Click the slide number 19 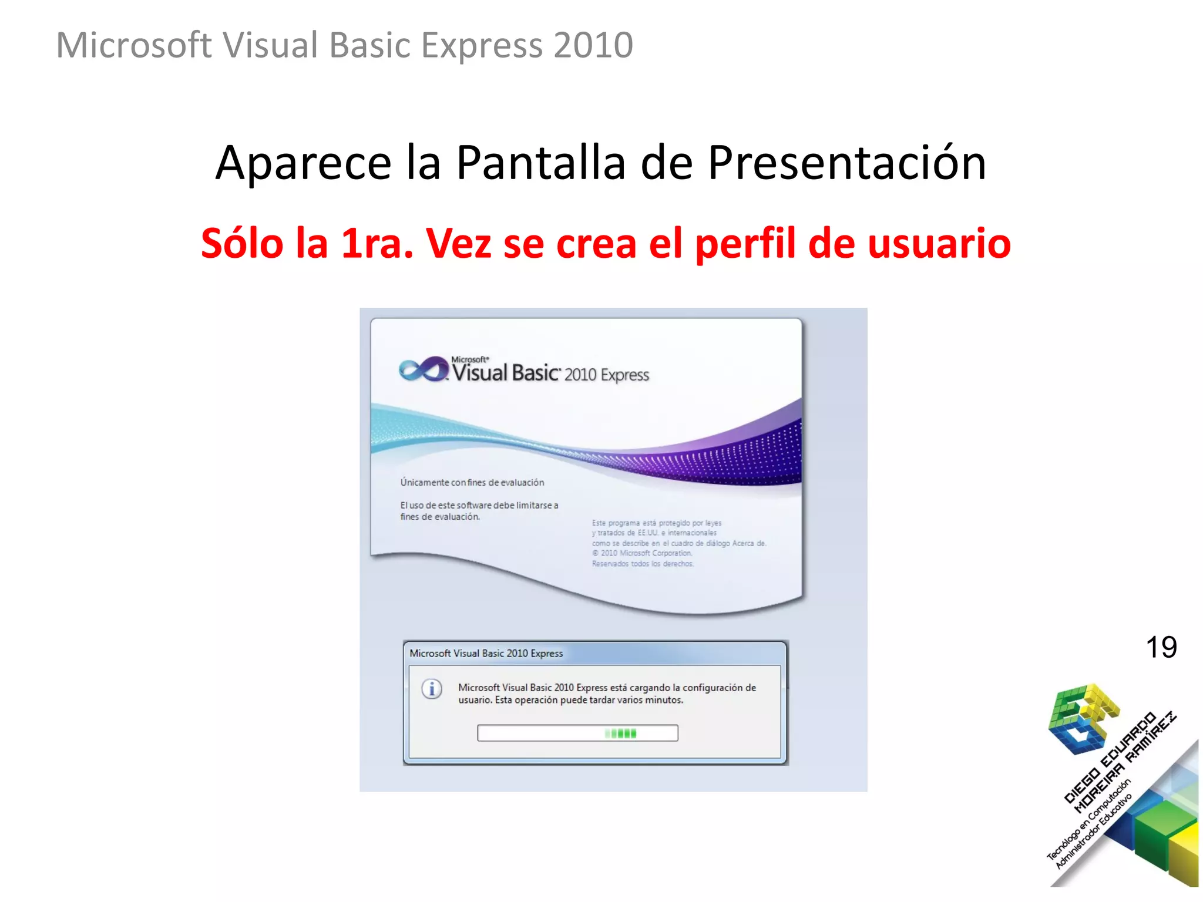[x=1161, y=648]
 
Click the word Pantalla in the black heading [x=540, y=163]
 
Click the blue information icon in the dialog [x=432, y=689]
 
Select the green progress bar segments [x=621, y=733]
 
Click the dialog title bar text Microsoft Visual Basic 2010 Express [x=486, y=653]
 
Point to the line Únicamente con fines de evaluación [x=472, y=482]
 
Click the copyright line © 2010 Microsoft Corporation [x=642, y=553]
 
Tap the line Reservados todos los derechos [x=643, y=564]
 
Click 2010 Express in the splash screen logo [x=606, y=375]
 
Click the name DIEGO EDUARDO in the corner [x=1110, y=758]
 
